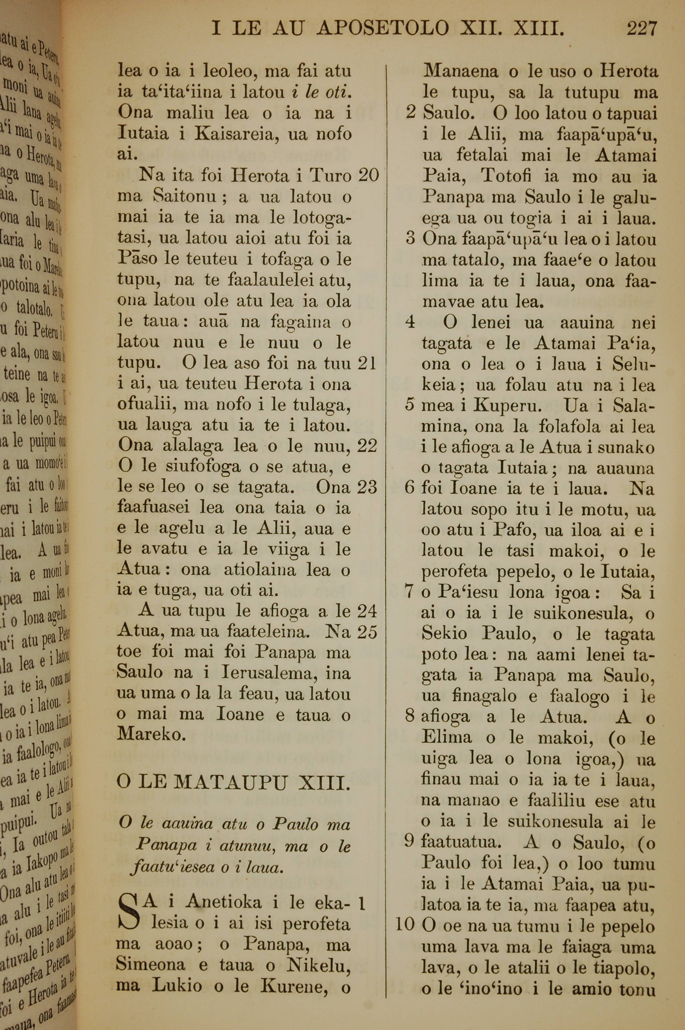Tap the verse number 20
368,176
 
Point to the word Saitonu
184,197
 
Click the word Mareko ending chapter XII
151,735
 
